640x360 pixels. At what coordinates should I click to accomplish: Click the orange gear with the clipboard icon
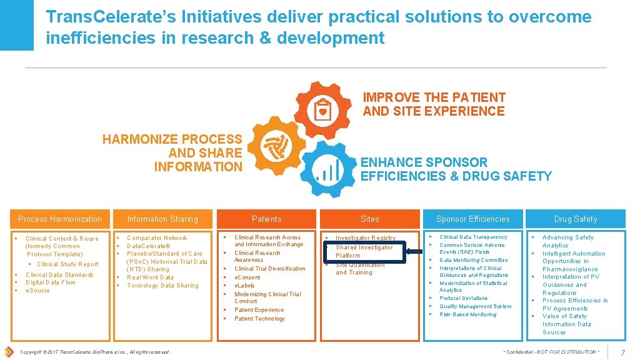click(x=322, y=110)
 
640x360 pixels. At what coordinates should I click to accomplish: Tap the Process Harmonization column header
click(x=60, y=219)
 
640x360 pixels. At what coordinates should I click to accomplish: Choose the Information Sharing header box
click(x=162, y=219)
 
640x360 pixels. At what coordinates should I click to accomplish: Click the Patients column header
click(x=267, y=219)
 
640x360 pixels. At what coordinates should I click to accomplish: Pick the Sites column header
click(x=370, y=219)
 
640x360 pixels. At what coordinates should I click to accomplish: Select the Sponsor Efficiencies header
click(x=472, y=219)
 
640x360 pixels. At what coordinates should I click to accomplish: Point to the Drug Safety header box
click(x=576, y=219)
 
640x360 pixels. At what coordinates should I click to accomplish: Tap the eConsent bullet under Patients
click(x=247, y=277)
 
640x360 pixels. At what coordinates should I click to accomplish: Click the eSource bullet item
click(x=37, y=291)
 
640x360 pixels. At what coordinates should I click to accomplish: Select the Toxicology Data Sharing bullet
click(x=162, y=286)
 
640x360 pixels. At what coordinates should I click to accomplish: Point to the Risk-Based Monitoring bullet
click(x=468, y=314)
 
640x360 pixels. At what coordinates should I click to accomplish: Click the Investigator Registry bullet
click(x=366, y=237)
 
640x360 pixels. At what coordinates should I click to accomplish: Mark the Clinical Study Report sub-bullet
click(x=67, y=264)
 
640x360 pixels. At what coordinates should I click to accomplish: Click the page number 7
click(x=623, y=352)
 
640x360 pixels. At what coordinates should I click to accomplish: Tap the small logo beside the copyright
click(x=9, y=351)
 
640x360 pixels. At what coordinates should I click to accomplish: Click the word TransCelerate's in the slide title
click(x=112, y=17)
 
